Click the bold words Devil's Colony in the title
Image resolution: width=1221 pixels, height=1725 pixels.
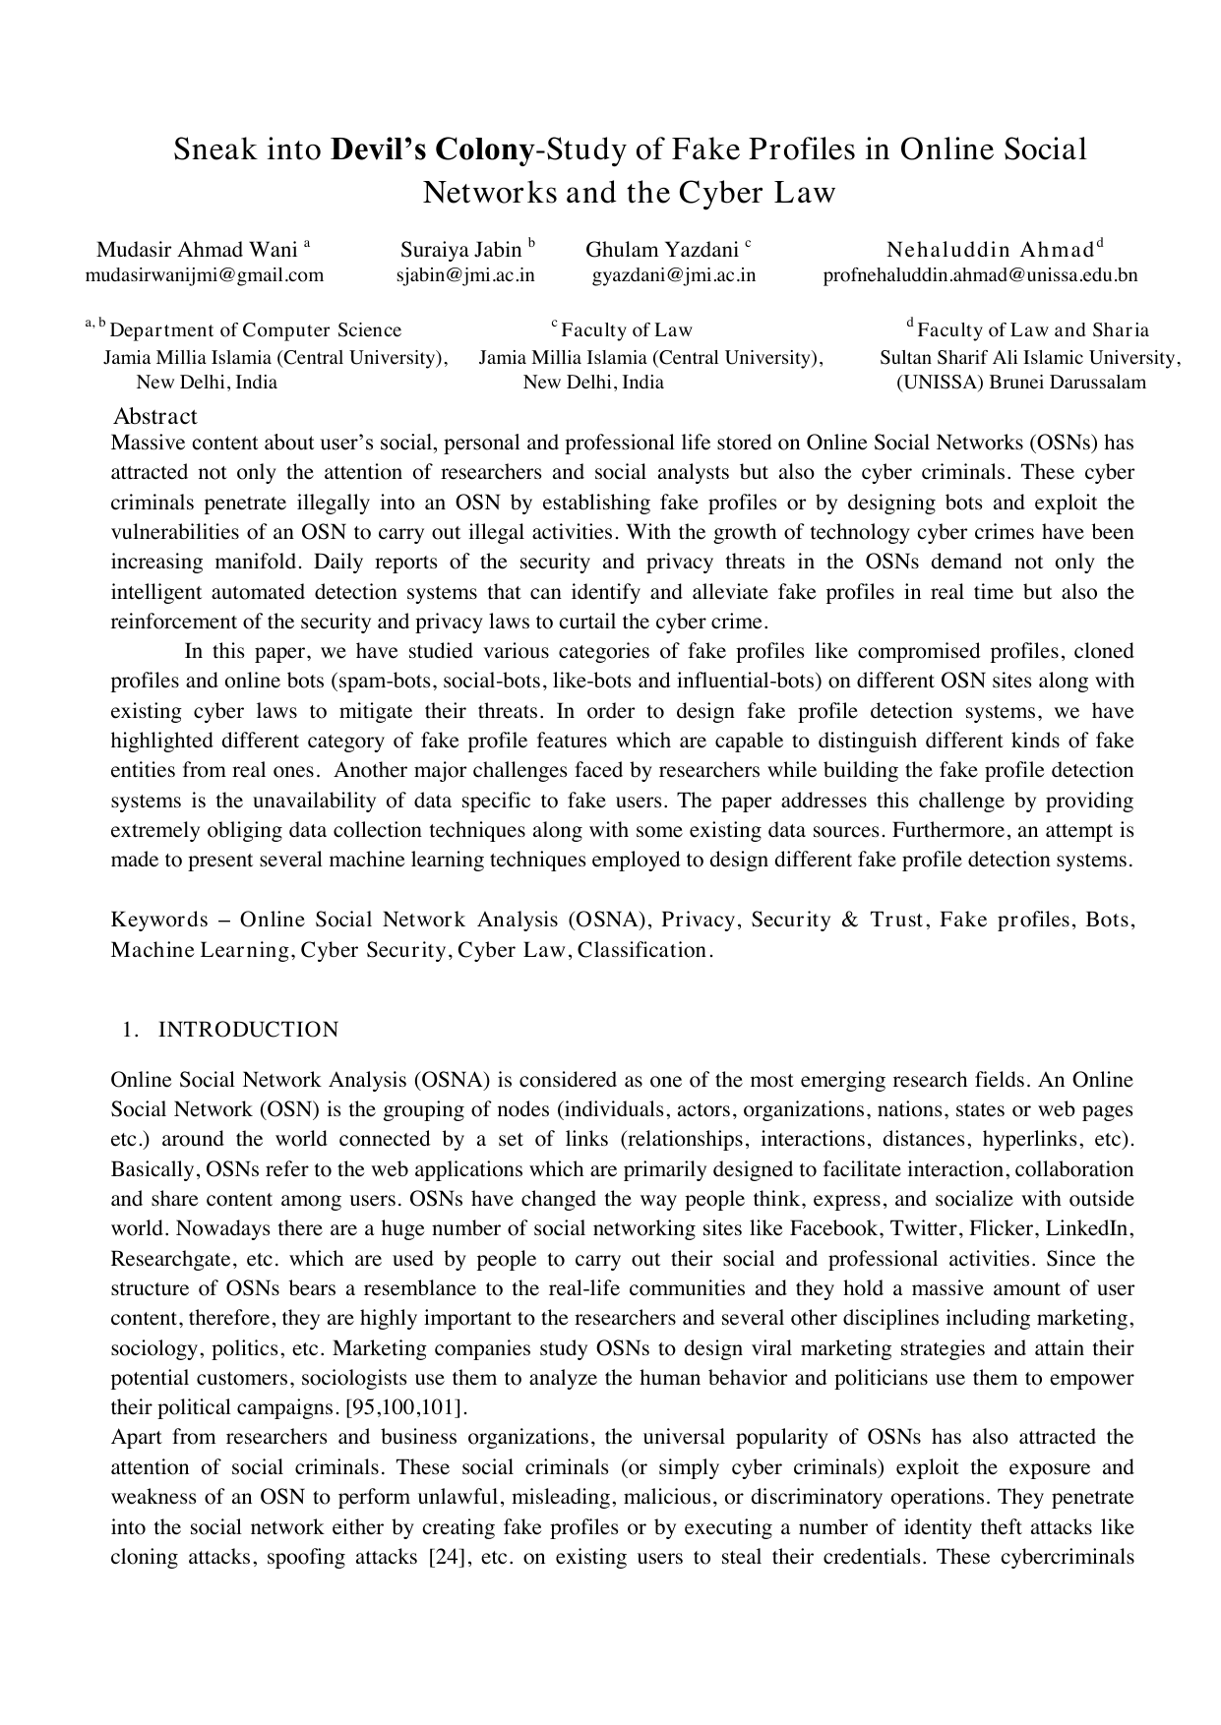[433, 150]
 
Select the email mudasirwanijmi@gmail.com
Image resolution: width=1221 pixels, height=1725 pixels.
[205, 275]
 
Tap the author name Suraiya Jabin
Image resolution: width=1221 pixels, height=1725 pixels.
[460, 250]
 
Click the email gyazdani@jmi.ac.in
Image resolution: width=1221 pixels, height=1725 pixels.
[674, 275]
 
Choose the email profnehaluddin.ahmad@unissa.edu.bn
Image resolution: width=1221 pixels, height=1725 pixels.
[980, 275]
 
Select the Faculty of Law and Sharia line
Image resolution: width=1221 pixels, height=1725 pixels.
[1032, 330]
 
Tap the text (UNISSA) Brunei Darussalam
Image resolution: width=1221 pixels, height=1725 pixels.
[1021, 383]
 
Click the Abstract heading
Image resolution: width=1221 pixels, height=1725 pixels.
[155, 416]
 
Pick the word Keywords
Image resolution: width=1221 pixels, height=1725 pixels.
[159, 921]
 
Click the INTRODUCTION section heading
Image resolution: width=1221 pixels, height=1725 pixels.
[248, 1030]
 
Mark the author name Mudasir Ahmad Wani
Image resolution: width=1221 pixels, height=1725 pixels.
[197, 250]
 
